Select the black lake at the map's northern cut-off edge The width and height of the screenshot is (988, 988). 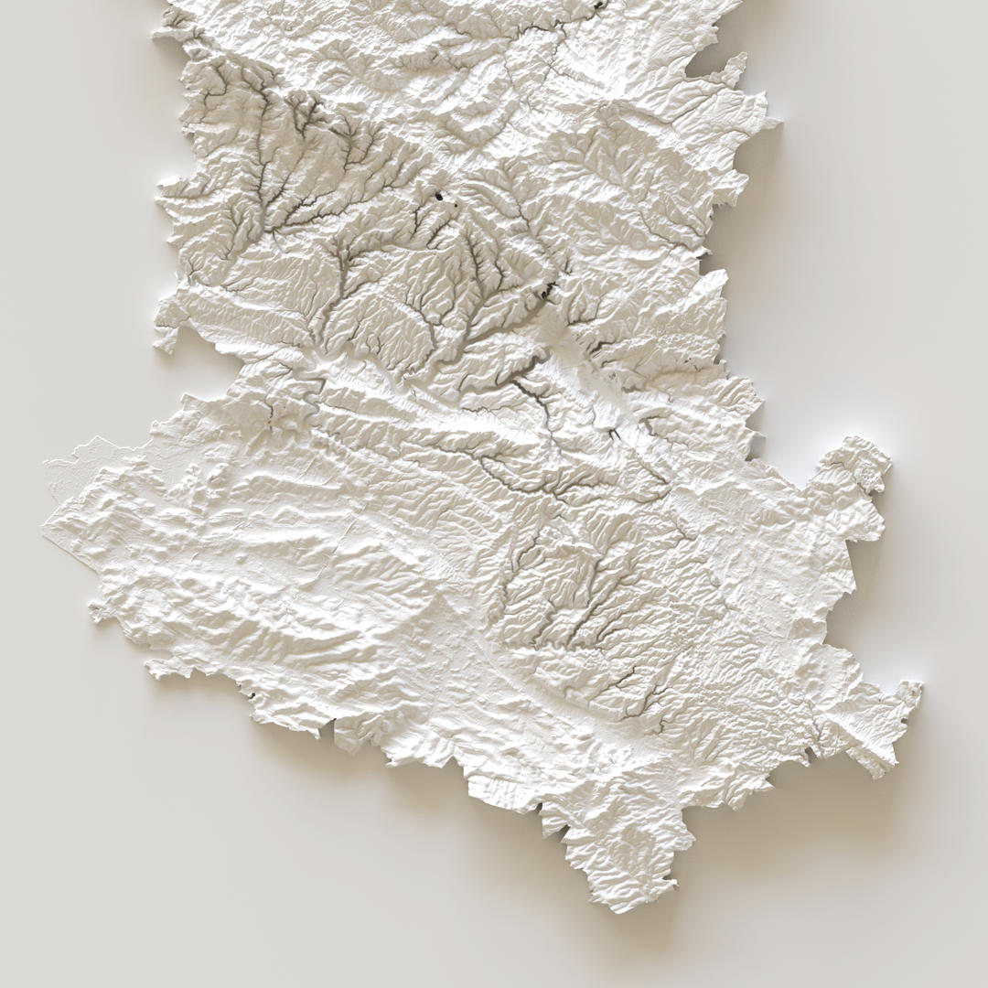pos(599,4)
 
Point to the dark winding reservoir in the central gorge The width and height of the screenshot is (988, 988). pos(550,292)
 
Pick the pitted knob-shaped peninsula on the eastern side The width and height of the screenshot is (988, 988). pos(866,457)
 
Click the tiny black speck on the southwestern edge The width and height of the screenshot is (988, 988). pos(250,697)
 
